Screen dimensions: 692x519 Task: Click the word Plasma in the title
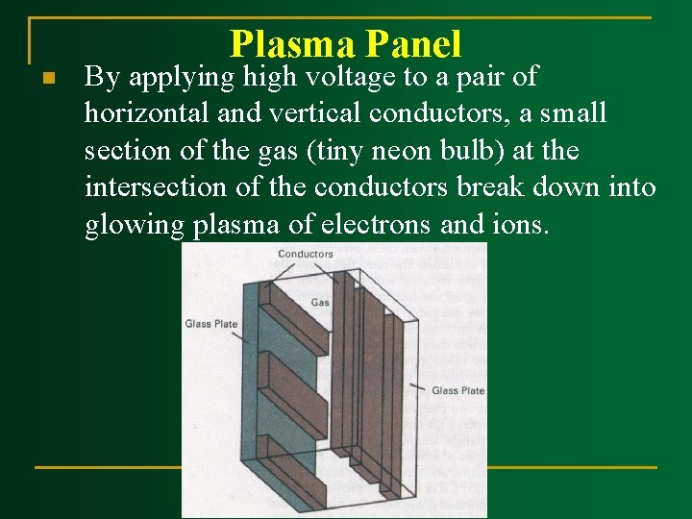[x=289, y=44]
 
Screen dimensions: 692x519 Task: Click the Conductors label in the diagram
[x=305, y=255]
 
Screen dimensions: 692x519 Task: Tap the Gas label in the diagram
[x=320, y=302]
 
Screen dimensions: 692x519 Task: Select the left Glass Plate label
[x=211, y=324]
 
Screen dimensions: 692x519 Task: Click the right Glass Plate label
[x=457, y=390]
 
